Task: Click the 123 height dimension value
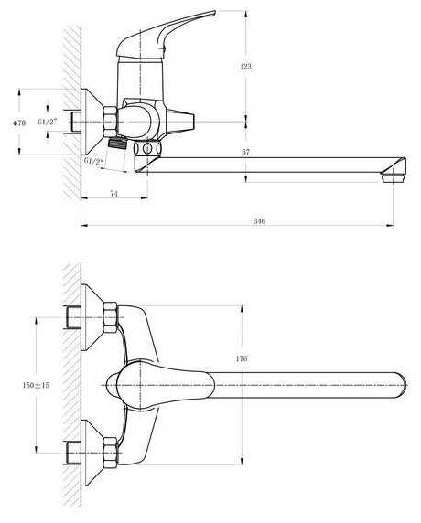click(x=245, y=67)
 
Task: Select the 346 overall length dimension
click(x=259, y=220)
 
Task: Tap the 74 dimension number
click(x=113, y=193)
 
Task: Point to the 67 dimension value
click(x=245, y=152)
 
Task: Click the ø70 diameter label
click(x=19, y=123)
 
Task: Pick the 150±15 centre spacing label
click(x=36, y=385)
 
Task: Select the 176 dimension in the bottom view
click(x=242, y=358)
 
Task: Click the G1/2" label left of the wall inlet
click(x=47, y=122)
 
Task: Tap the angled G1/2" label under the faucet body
click(x=94, y=162)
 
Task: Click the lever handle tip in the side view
click(x=212, y=13)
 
